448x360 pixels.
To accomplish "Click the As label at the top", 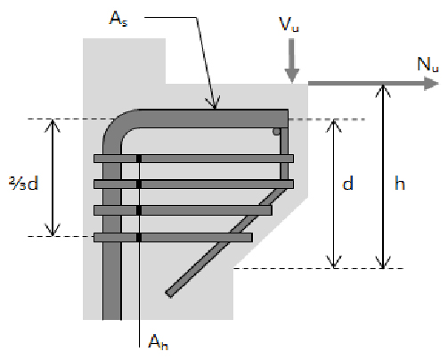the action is [118, 19].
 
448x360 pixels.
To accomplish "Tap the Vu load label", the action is [289, 24].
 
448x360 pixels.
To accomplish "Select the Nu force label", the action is [428, 64].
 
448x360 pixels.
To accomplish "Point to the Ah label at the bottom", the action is [159, 341].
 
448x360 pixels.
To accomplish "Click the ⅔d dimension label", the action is [24, 183].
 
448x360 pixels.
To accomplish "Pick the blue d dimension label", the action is [347, 183].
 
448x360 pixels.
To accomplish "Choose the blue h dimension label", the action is [400, 183].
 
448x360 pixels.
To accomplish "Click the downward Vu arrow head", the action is [292, 76].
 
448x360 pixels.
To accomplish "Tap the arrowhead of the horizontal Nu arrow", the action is [431, 83].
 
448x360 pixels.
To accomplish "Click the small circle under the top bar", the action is [276, 132].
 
